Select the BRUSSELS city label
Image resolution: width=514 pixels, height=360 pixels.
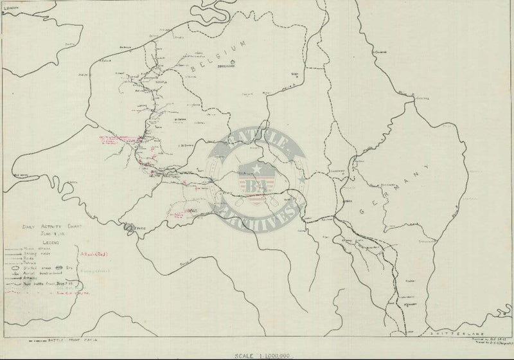click(x=226, y=67)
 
